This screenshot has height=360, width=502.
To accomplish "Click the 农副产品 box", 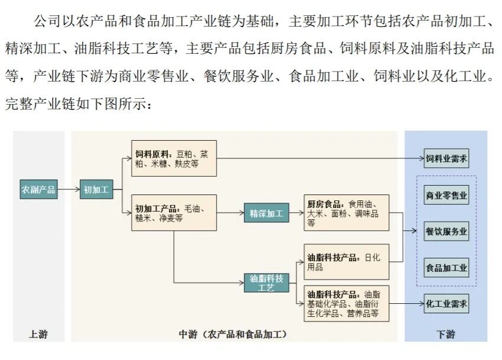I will tap(38, 190).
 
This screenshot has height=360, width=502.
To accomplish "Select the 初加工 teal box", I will tap(96, 190).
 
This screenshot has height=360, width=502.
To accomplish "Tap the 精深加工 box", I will tap(267, 212).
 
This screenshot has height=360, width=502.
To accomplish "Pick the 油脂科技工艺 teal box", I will tap(267, 283).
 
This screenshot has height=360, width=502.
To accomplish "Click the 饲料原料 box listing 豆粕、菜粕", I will tap(174, 159).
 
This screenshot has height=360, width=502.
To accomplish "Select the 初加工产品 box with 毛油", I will tap(174, 212).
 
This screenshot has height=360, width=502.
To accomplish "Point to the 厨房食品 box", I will tap(347, 212).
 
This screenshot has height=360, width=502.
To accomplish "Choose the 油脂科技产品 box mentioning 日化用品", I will tap(347, 262).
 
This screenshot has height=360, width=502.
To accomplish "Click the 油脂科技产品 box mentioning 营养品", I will tap(347, 304).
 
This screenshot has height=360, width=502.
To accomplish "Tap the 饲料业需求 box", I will tap(446, 158).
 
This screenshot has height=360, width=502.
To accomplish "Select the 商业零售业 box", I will tap(446, 195).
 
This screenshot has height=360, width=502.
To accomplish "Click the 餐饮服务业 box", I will tap(446, 231).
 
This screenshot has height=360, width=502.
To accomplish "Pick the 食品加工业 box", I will tap(446, 267).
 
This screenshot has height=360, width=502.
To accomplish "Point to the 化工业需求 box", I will tap(446, 304).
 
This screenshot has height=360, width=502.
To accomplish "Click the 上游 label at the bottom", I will tap(38, 335).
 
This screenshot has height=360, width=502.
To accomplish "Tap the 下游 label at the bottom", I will tap(446, 335).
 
